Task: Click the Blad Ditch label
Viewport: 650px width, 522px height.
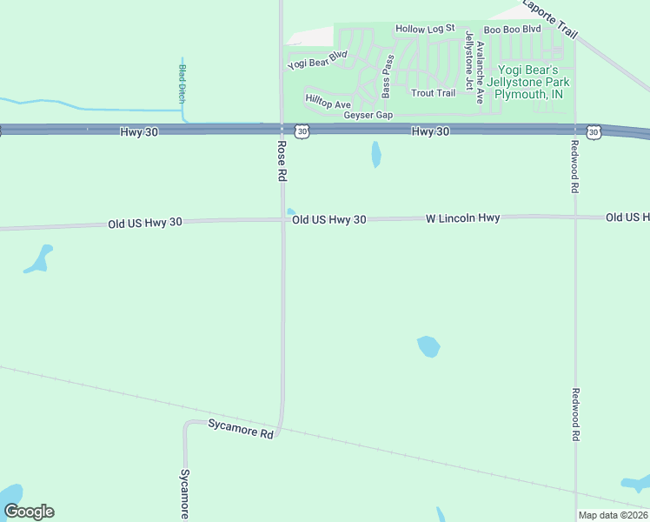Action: tap(182, 84)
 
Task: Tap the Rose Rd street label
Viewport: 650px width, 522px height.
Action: tap(282, 161)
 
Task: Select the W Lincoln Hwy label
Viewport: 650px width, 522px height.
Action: tap(462, 218)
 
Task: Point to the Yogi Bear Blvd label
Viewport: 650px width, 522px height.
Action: tap(317, 59)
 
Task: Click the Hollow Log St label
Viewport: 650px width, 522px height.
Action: tap(425, 29)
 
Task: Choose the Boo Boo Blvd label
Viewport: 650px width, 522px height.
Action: tap(512, 30)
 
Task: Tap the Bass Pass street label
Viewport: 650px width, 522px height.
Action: tap(387, 77)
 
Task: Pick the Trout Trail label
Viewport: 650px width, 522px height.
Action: tap(433, 93)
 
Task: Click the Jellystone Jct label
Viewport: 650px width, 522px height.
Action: tap(469, 60)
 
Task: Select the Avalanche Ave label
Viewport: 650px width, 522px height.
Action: tap(480, 65)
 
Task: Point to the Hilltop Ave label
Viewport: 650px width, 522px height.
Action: tap(328, 103)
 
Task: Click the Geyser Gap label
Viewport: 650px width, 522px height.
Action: tap(368, 116)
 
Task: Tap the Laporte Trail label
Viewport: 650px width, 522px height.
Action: tap(549, 17)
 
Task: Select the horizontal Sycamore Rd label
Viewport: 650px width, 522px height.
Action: tap(241, 427)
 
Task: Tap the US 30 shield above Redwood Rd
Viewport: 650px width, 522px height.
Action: tap(594, 131)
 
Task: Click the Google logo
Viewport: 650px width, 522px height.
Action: tap(29, 512)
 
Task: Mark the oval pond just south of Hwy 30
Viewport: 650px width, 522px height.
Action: tap(376, 154)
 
